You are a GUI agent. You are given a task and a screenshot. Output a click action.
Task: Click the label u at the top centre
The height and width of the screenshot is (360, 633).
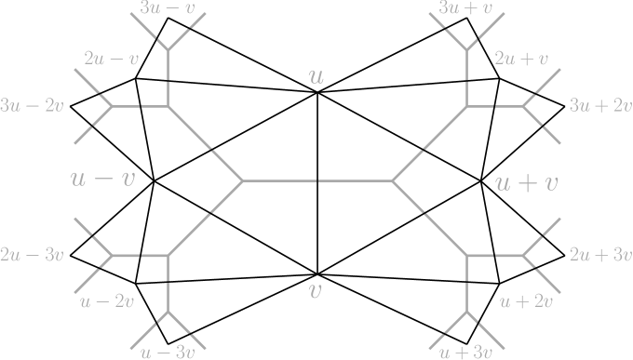pos(316,76)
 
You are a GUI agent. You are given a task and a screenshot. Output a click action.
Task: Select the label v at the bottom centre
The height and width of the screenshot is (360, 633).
pos(316,290)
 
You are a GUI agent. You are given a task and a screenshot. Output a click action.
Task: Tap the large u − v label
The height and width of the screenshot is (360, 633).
pos(102,178)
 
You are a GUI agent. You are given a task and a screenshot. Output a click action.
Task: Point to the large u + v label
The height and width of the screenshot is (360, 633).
pos(526,182)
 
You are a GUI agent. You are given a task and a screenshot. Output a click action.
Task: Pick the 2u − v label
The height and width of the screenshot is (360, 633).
pos(111,59)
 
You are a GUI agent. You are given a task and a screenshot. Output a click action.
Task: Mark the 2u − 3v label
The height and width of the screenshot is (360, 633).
pos(33,254)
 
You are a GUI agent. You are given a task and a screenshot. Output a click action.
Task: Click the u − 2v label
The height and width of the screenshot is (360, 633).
pos(107,300)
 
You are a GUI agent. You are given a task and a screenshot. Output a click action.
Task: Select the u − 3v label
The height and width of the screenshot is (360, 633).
pos(167,352)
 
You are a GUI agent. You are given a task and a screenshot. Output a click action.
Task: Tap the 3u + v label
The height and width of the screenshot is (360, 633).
pos(465,8)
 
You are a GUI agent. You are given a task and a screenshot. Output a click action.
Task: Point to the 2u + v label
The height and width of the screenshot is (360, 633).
pos(521,59)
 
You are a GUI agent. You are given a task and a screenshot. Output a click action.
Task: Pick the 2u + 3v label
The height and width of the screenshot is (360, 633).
pos(600,254)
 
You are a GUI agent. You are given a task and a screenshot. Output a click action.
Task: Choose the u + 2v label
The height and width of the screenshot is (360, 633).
pos(526,300)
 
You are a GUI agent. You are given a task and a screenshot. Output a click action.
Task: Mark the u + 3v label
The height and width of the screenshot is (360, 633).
pos(465,352)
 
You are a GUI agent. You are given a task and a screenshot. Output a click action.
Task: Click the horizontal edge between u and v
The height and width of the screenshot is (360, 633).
pos(317,180)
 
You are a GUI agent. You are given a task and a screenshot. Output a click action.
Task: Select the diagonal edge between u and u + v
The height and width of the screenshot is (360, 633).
pos(428,143)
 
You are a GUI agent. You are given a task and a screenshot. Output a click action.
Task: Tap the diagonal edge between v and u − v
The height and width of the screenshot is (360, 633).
pos(206,218)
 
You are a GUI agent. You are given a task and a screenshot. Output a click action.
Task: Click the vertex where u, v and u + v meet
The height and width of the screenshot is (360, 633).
pos(392,180)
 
